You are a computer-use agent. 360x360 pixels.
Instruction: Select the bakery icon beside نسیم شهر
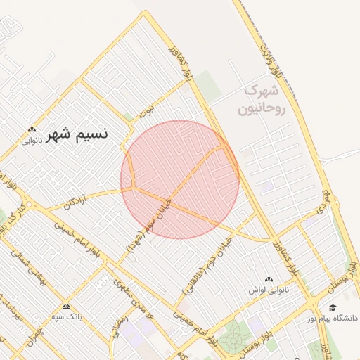pos(32,129)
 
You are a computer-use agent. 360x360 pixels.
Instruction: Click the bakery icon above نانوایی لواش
pos(268,280)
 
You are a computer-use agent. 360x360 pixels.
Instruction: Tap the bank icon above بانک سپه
pos(67,307)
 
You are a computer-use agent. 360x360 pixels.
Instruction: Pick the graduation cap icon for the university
pos(333,307)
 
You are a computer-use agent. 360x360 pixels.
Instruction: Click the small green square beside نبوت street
pos(128,117)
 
